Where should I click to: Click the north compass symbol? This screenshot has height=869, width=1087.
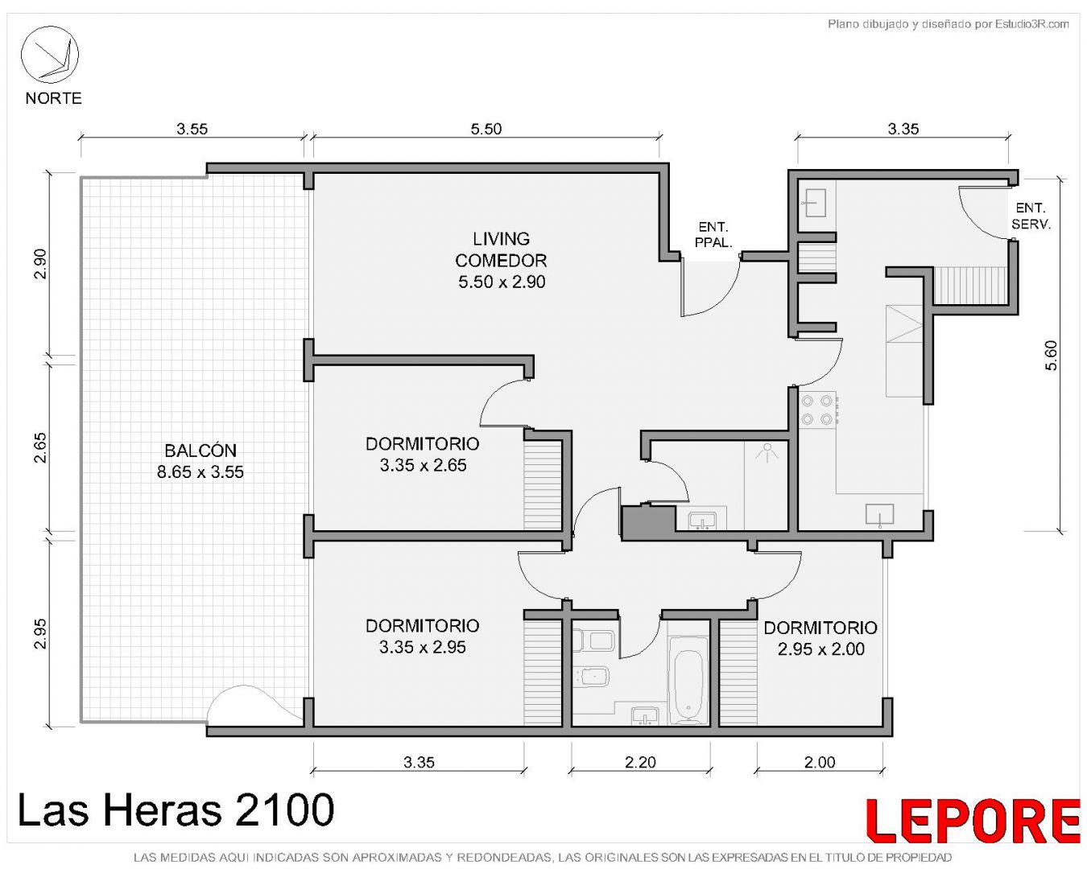pos(49,55)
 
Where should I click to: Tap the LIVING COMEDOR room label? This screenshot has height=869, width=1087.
pos(501,260)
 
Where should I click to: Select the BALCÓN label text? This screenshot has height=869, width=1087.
pos(200,450)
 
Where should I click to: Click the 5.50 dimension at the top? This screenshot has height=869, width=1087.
pos(486,129)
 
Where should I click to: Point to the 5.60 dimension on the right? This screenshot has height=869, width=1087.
pos(1050,356)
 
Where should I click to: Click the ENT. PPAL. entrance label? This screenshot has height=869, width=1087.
pos(713,234)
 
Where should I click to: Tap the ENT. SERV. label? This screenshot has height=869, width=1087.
pos(1031,216)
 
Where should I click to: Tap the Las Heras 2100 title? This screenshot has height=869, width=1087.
pos(176,809)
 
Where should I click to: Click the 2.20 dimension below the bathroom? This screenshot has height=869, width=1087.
pos(640,761)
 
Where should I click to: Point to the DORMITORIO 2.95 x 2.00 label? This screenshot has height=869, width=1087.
pos(820,638)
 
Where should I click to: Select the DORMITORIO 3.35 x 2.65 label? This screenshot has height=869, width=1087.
pos(422,455)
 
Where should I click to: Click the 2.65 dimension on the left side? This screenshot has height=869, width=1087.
pos(40,447)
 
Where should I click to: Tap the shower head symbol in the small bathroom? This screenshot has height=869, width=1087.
pos(767,452)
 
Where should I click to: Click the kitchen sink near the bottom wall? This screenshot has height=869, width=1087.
pos(880,515)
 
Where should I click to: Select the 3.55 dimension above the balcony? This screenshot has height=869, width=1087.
pos(192,129)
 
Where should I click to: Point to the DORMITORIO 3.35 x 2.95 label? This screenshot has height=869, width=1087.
pos(422,636)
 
